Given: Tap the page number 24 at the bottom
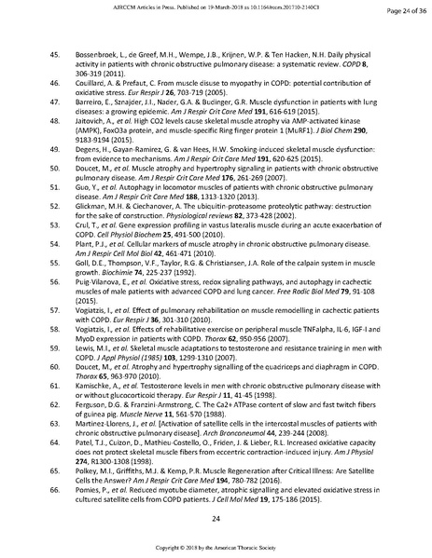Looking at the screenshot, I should (215, 517).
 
